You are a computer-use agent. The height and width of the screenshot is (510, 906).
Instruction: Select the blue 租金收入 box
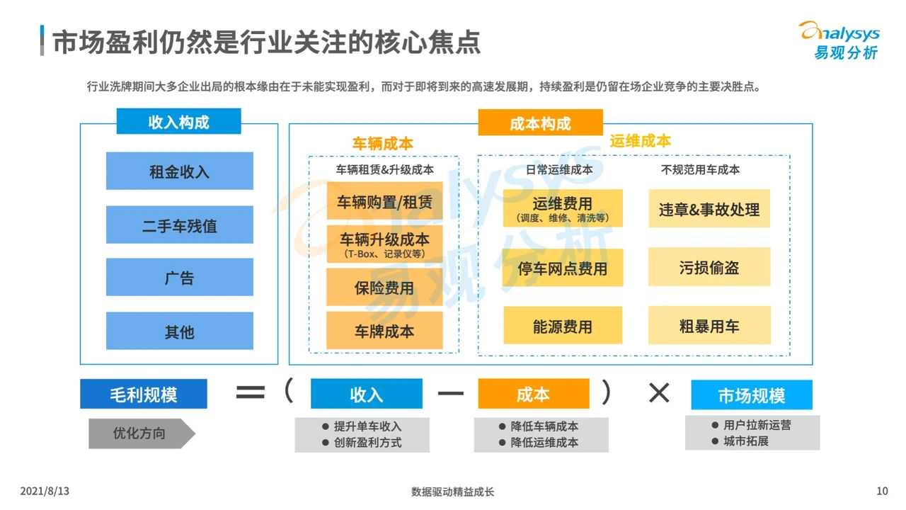179,171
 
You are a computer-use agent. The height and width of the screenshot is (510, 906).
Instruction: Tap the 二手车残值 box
179,225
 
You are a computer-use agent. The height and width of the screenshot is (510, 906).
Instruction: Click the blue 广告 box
179,278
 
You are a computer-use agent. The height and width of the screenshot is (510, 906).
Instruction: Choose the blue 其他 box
179,331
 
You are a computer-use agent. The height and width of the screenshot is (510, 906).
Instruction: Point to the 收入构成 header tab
178,122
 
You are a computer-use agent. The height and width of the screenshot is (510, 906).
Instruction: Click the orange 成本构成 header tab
540,123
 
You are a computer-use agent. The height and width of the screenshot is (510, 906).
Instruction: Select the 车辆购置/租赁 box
384,202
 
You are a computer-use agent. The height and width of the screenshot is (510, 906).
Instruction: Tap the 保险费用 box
384,288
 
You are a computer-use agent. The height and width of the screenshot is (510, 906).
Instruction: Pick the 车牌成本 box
384,331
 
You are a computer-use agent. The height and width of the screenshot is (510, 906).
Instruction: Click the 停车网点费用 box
563,268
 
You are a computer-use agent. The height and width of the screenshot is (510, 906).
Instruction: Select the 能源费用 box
563,326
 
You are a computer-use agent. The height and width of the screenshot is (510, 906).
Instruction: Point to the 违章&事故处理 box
709,209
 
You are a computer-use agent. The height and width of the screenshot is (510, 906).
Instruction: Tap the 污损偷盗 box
709,267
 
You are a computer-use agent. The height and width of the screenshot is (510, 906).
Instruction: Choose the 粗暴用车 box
709,326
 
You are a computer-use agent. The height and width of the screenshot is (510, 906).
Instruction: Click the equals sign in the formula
250,392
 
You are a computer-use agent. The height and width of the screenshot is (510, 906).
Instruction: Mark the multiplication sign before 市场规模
659,392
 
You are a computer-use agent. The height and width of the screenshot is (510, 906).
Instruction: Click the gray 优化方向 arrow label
140,433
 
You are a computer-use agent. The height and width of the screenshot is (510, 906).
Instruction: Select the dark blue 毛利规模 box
144,394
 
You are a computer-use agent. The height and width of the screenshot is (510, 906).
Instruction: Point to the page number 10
882,491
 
